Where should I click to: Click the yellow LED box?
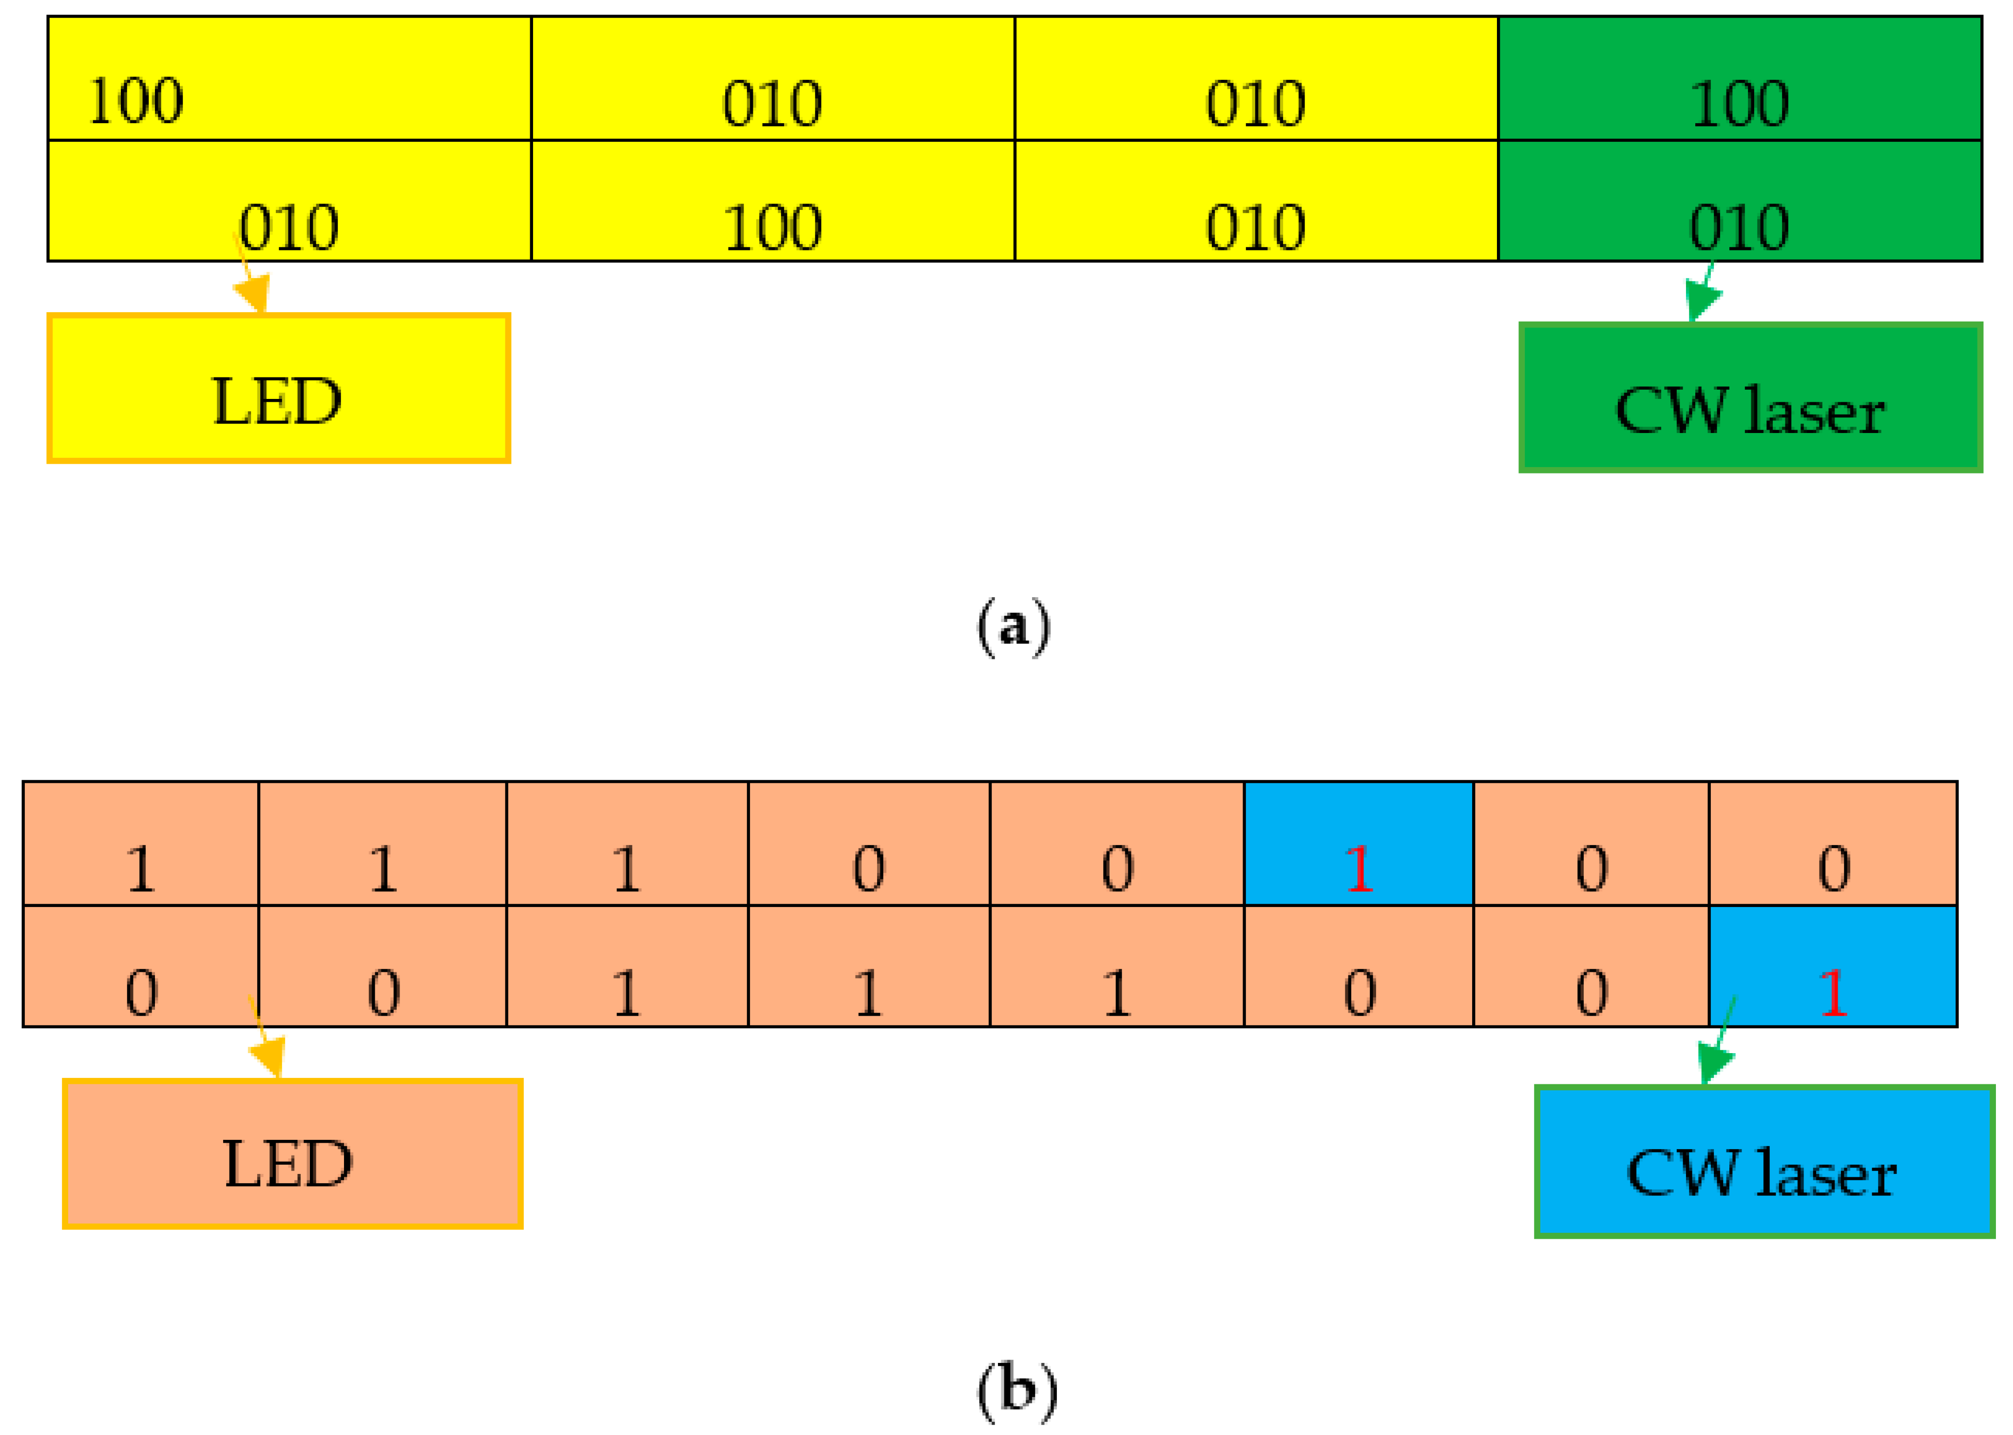[x=278, y=388]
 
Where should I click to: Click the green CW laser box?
[x=1749, y=397]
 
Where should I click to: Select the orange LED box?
[x=292, y=1153]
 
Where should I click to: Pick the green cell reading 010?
[x=1739, y=202]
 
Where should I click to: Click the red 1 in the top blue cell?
[x=1359, y=869]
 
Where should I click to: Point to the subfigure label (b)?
[x=1016, y=1390]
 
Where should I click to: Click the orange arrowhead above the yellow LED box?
[x=253, y=292]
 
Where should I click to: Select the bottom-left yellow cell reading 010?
[x=289, y=202]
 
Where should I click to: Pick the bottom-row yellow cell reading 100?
[x=772, y=202]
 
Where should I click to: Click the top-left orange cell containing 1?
[x=140, y=844]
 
